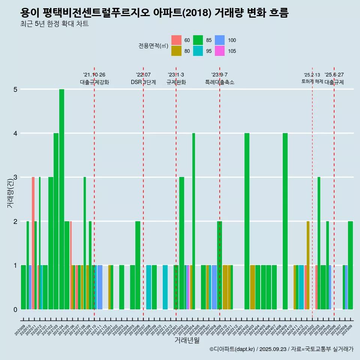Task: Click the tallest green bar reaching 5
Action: (x=61, y=199)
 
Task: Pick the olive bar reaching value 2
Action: (x=308, y=265)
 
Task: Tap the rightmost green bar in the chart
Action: (x=350, y=265)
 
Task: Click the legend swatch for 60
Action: (x=176, y=40)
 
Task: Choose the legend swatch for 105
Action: (x=220, y=51)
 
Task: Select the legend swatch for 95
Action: (x=198, y=51)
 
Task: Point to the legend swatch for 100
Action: (x=220, y=40)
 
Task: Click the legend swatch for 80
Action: (x=176, y=51)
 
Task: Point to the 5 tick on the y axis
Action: (x=15, y=89)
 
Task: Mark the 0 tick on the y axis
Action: (x=15, y=309)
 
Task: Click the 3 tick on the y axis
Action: (x=15, y=177)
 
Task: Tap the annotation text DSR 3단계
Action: (x=143, y=82)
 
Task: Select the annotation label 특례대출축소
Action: (x=219, y=82)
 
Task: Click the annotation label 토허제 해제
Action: (x=312, y=81)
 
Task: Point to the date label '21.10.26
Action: (x=94, y=75)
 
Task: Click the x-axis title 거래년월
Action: (x=187, y=340)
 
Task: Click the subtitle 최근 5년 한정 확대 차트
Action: (x=54, y=24)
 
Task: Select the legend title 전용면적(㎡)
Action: (x=153, y=46)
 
